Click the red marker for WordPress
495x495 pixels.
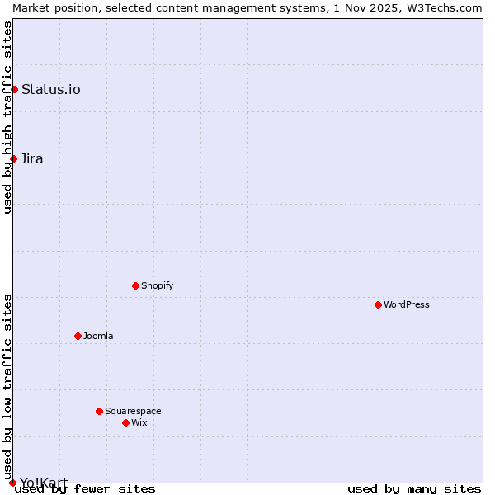point(378,304)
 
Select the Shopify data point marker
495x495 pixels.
point(135,285)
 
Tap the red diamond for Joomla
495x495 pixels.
point(78,336)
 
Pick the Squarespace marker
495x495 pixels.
point(99,411)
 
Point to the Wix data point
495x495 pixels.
point(125,422)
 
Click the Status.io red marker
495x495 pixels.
point(14,89)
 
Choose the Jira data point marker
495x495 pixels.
point(13,158)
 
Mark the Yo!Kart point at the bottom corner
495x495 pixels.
point(12,483)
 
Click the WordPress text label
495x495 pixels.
point(407,304)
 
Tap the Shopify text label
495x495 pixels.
point(157,285)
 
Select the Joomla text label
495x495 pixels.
point(98,336)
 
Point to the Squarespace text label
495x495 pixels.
point(133,411)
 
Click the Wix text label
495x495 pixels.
point(139,422)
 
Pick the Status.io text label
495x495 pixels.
point(51,89)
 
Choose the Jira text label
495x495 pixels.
point(32,158)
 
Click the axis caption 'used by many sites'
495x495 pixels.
point(414,489)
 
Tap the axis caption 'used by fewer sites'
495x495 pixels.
point(85,489)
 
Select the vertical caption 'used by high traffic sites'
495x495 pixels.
point(8,117)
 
